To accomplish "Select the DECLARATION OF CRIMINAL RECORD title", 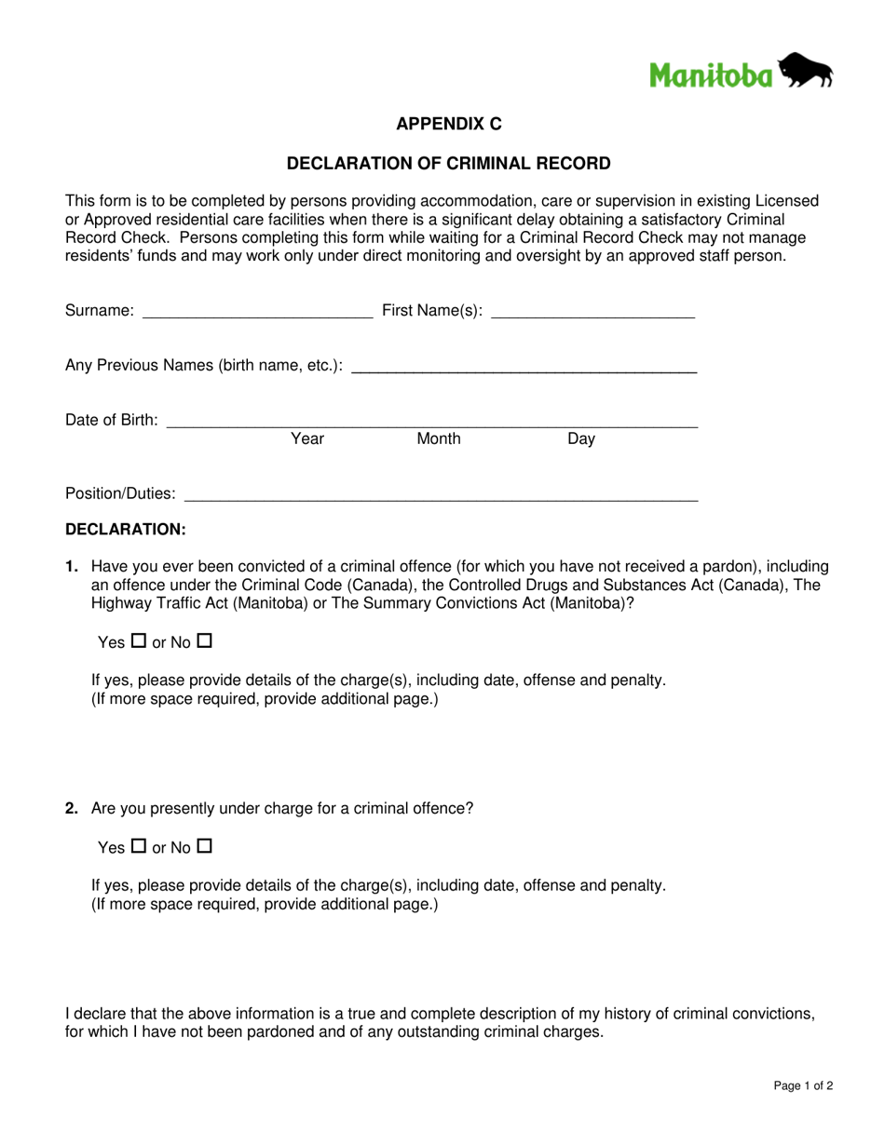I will click(448, 164).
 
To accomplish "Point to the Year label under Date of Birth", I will click(307, 438).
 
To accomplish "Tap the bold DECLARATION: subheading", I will click(126, 530).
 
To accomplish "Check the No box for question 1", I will click(205, 641).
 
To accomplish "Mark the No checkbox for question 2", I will click(205, 847).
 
